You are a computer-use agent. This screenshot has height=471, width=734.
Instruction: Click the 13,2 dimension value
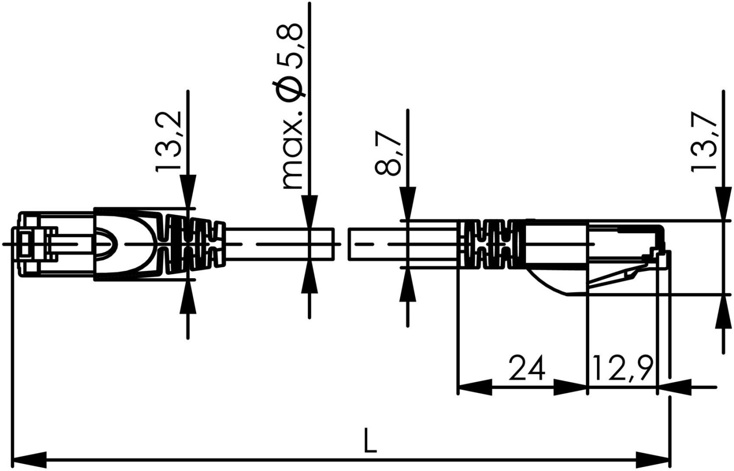[x=168, y=141]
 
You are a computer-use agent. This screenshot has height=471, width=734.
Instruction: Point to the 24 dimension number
[x=527, y=368]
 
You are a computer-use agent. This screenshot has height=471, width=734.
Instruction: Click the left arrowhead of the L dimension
[x=29, y=460]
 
